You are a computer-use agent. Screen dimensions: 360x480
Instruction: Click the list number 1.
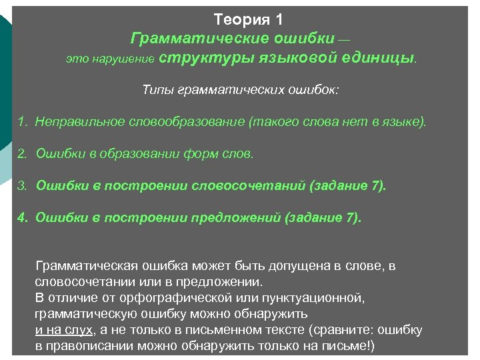pos(21,122)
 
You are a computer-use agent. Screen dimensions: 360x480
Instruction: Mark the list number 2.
pos(21,153)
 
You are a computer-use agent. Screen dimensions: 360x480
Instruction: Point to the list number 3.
pos(21,185)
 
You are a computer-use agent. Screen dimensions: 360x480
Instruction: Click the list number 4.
pos(21,217)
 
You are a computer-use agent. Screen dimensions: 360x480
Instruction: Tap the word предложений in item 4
pos(235,217)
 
